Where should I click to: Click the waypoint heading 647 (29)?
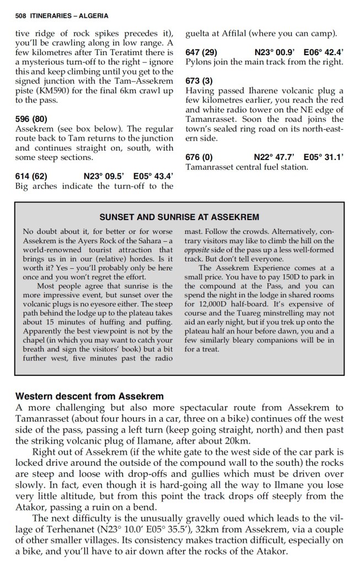[x=201, y=52]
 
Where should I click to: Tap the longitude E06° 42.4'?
[x=324, y=52]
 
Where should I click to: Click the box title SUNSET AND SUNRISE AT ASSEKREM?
[x=179, y=217]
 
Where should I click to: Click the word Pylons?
[x=199, y=62]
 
